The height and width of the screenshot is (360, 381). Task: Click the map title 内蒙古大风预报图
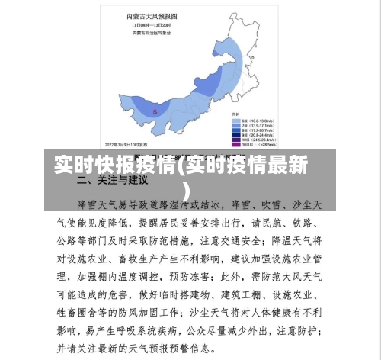pyautogui.click(x=152, y=15)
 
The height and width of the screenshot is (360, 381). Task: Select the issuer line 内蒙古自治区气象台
pyautogui.click(x=152, y=32)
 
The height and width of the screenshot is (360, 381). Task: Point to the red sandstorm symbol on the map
pyautogui.click(x=156, y=111)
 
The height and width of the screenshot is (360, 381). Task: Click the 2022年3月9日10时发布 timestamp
pyautogui.click(x=126, y=142)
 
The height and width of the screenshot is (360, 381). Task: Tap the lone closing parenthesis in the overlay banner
pyautogui.click(x=187, y=188)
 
